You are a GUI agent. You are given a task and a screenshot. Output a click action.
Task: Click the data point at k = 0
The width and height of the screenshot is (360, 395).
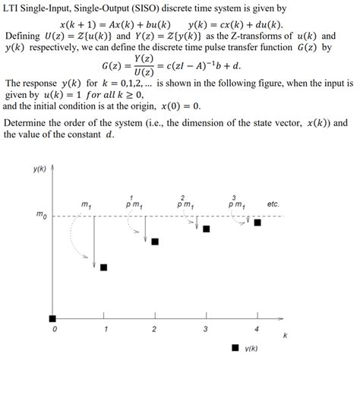point(52,318)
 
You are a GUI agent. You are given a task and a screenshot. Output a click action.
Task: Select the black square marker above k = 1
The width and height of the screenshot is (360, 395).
point(104,267)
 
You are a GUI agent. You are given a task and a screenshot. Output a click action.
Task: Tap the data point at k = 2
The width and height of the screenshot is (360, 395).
point(155,242)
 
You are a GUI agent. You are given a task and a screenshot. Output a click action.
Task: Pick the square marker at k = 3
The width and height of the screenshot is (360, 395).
point(207,229)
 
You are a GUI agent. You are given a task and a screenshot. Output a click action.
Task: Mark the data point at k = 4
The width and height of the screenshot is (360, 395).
point(257,223)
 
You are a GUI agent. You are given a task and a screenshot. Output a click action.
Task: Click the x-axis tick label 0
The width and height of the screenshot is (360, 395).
point(54,330)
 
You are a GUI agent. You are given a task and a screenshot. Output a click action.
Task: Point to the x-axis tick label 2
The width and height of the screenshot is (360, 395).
point(155,330)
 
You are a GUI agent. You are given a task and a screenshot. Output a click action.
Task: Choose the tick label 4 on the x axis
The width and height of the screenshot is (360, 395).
point(257,330)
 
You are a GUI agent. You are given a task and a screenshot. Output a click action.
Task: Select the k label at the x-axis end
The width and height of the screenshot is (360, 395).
point(285,335)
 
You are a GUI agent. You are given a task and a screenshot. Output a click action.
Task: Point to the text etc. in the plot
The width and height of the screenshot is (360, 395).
point(274,204)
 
